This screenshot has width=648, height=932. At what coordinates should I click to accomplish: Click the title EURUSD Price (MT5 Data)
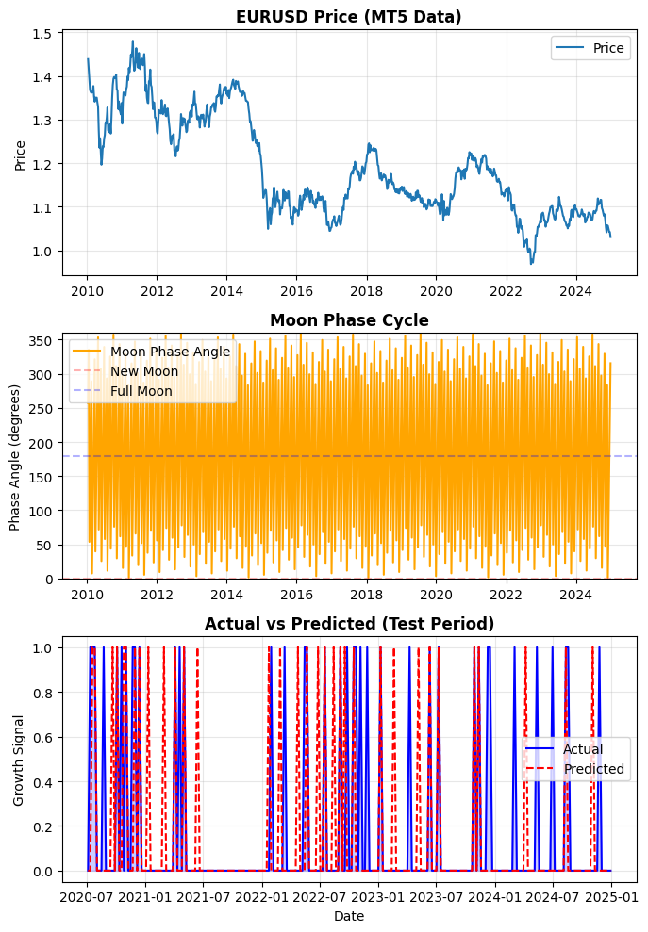coord(349,16)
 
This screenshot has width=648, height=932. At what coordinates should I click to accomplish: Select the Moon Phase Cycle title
coord(349,320)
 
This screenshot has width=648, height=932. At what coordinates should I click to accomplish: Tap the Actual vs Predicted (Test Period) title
coord(349,624)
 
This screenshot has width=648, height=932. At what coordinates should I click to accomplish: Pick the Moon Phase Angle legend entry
coord(170,352)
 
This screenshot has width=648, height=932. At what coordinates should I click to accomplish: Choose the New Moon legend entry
coord(143,371)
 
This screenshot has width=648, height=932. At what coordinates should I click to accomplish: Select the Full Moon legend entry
coord(141,390)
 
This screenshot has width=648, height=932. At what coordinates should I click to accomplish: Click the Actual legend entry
coord(582,749)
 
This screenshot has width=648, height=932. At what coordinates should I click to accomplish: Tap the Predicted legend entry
coord(593,769)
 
